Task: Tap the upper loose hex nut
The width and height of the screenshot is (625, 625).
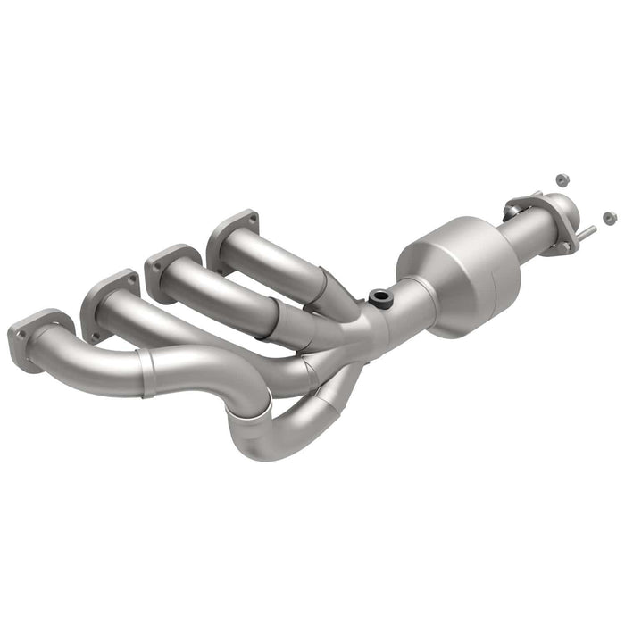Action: tap(562, 180)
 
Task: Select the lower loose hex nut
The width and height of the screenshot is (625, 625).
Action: tap(609, 217)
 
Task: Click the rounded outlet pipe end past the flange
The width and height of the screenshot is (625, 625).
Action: tap(571, 219)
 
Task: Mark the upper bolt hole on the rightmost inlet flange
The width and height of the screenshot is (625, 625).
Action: tap(253, 217)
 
